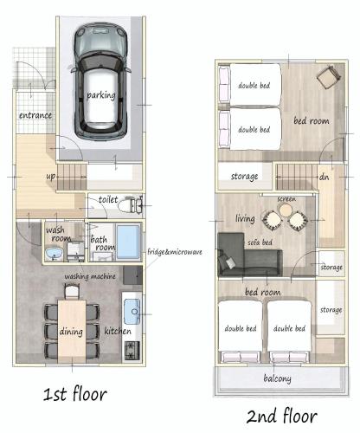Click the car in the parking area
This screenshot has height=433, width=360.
(x=100, y=83)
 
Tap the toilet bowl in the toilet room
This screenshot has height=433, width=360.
(x=126, y=205)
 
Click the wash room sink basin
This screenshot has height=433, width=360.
(x=54, y=254)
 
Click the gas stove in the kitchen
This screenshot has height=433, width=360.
(x=132, y=350)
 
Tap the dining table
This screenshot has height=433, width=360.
(x=72, y=332)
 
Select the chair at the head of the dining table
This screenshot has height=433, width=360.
(x=72, y=292)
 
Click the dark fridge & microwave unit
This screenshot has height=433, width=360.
(x=132, y=275)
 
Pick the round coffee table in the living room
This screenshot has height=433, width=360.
(x=285, y=210)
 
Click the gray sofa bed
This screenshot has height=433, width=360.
(x=248, y=255)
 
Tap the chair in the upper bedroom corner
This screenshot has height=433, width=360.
(x=329, y=76)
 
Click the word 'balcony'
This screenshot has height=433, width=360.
(x=277, y=378)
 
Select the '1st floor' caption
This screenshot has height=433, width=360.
(x=75, y=394)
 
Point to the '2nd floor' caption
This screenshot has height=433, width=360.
(x=281, y=416)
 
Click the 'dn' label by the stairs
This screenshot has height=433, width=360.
(x=324, y=177)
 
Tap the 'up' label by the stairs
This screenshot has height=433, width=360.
(x=50, y=176)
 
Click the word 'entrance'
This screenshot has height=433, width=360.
(x=35, y=115)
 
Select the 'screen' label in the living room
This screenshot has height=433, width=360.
(x=286, y=199)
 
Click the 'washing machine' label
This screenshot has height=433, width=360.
(x=90, y=276)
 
